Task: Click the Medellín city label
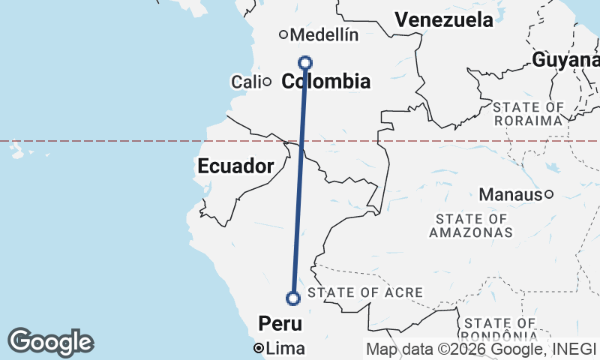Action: [x=323, y=34]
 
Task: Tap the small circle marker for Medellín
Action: [x=283, y=34]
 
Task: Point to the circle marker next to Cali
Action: [x=266, y=81]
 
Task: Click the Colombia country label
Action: [x=325, y=81]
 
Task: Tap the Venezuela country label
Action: [x=444, y=20]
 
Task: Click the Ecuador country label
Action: [x=235, y=166]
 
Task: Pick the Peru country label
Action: [x=280, y=323]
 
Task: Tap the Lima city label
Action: [x=286, y=348]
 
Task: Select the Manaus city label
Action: [x=510, y=195]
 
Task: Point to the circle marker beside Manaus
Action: [x=549, y=195]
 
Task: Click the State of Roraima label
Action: [x=528, y=114]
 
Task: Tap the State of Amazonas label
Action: [x=471, y=225]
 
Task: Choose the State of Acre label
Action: [x=365, y=292]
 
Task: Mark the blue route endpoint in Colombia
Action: [x=305, y=62]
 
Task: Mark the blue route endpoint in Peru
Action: [x=293, y=298]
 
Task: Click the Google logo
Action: [x=50, y=342]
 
